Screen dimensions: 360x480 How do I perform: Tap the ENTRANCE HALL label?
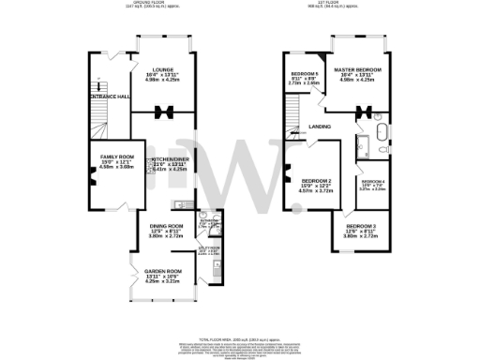click(x=110, y=97)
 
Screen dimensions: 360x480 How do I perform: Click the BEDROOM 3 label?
click(x=360, y=227)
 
